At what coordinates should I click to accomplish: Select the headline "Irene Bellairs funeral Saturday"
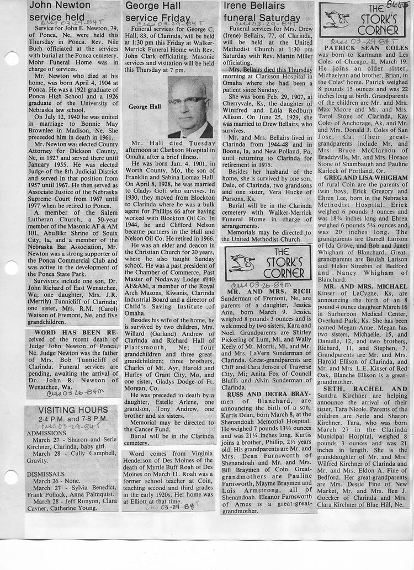(261, 12)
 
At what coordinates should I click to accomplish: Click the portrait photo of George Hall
(190, 107)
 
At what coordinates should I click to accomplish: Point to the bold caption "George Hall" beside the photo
(144, 106)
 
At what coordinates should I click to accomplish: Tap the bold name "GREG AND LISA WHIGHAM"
(366, 178)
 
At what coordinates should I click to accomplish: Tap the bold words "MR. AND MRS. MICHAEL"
(365, 287)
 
